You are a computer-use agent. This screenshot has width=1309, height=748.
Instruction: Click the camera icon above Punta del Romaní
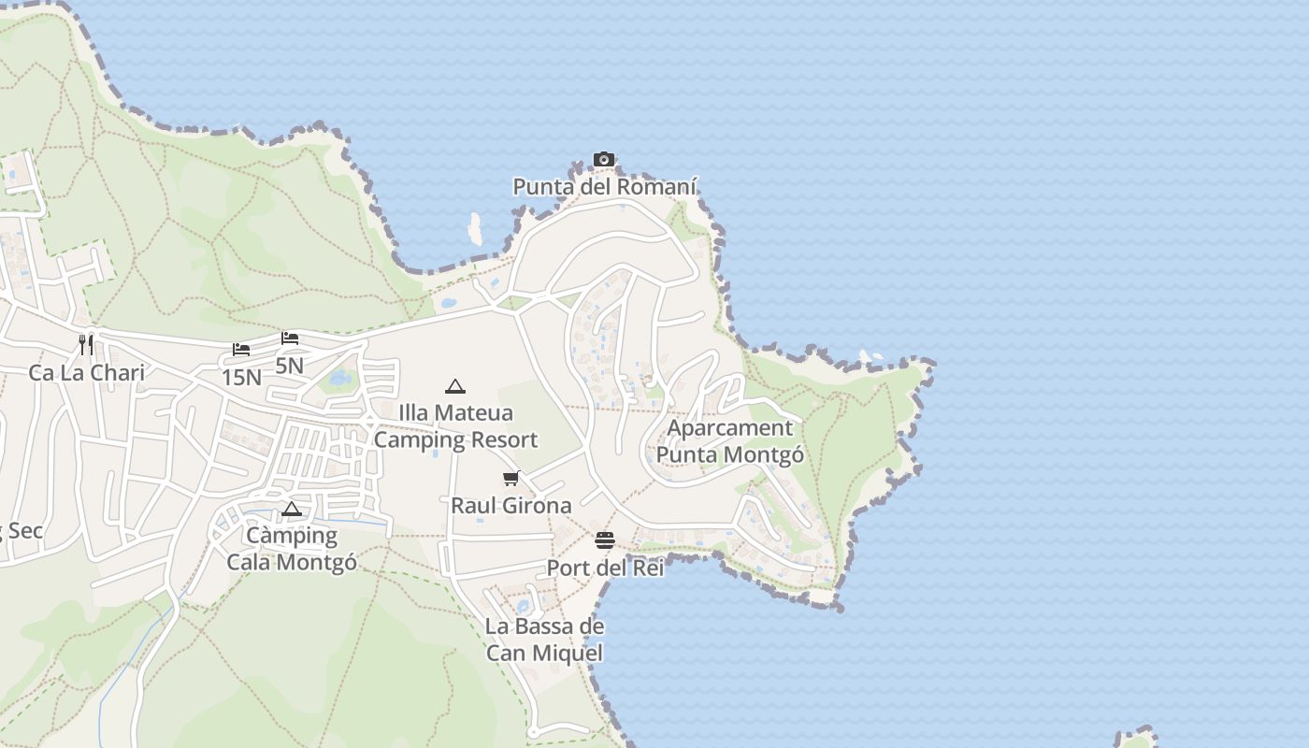pyautogui.click(x=604, y=160)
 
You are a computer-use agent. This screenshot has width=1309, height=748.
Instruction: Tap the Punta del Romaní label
pyautogui.click(x=605, y=186)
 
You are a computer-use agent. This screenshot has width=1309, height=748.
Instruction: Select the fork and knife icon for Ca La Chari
pyautogui.click(x=86, y=344)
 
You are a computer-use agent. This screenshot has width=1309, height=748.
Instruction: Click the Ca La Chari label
pyautogui.click(x=86, y=373)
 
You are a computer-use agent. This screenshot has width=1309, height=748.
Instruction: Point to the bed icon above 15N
pyautogui.click(x=241, y=350)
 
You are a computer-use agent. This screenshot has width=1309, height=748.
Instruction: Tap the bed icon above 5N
pyautogui.click(x=290, y=338)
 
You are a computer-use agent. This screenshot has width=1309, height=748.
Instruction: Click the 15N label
pyautogui.click(x=241, y=378)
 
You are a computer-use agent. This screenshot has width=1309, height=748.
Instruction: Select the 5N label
pyautogui.click(x=290, y=366)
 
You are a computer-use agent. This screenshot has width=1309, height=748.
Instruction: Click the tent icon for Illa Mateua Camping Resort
pyautogui.click(x=455, y=386)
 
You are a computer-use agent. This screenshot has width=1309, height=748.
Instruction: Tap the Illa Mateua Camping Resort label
pyautogui.click(x=455, y=426)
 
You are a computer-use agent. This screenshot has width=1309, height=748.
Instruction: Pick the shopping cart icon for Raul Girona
pyautogui.click(x=511, y=479)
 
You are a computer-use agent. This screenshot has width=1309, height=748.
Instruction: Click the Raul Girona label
pyautogui.click(x=511, y=506)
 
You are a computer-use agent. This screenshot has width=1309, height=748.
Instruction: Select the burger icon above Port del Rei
pyautogui.click(x=605, y=540)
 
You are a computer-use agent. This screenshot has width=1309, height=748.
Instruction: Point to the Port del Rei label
pyautogui.click(x=605, y=568)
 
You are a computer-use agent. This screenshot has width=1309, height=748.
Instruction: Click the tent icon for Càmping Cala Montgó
pyautogui.click(x=292, y=510)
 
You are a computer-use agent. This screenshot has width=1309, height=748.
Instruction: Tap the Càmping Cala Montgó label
pyautogui.click(x=292, y=549)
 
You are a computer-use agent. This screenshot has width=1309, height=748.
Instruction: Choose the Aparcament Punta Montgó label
pyautogui.click(x=730, y=441)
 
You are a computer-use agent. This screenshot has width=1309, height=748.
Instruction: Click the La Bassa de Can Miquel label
pyautogui.click(x=544, y=640)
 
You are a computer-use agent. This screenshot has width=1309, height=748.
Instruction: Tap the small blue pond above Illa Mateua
pyautogui.click(x=340, y=378)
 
